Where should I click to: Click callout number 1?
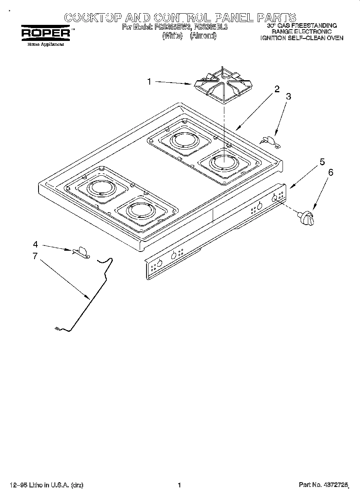(149, 82)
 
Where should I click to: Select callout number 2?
(277, 89)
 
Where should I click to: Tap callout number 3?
(288, 97)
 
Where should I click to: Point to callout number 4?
(35, 244)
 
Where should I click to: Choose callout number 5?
(322, 162)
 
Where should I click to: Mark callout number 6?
(330, 172)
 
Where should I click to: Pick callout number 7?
(35, 256)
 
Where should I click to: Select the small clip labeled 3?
(269, 140)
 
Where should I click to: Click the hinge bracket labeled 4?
(81, 252)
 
